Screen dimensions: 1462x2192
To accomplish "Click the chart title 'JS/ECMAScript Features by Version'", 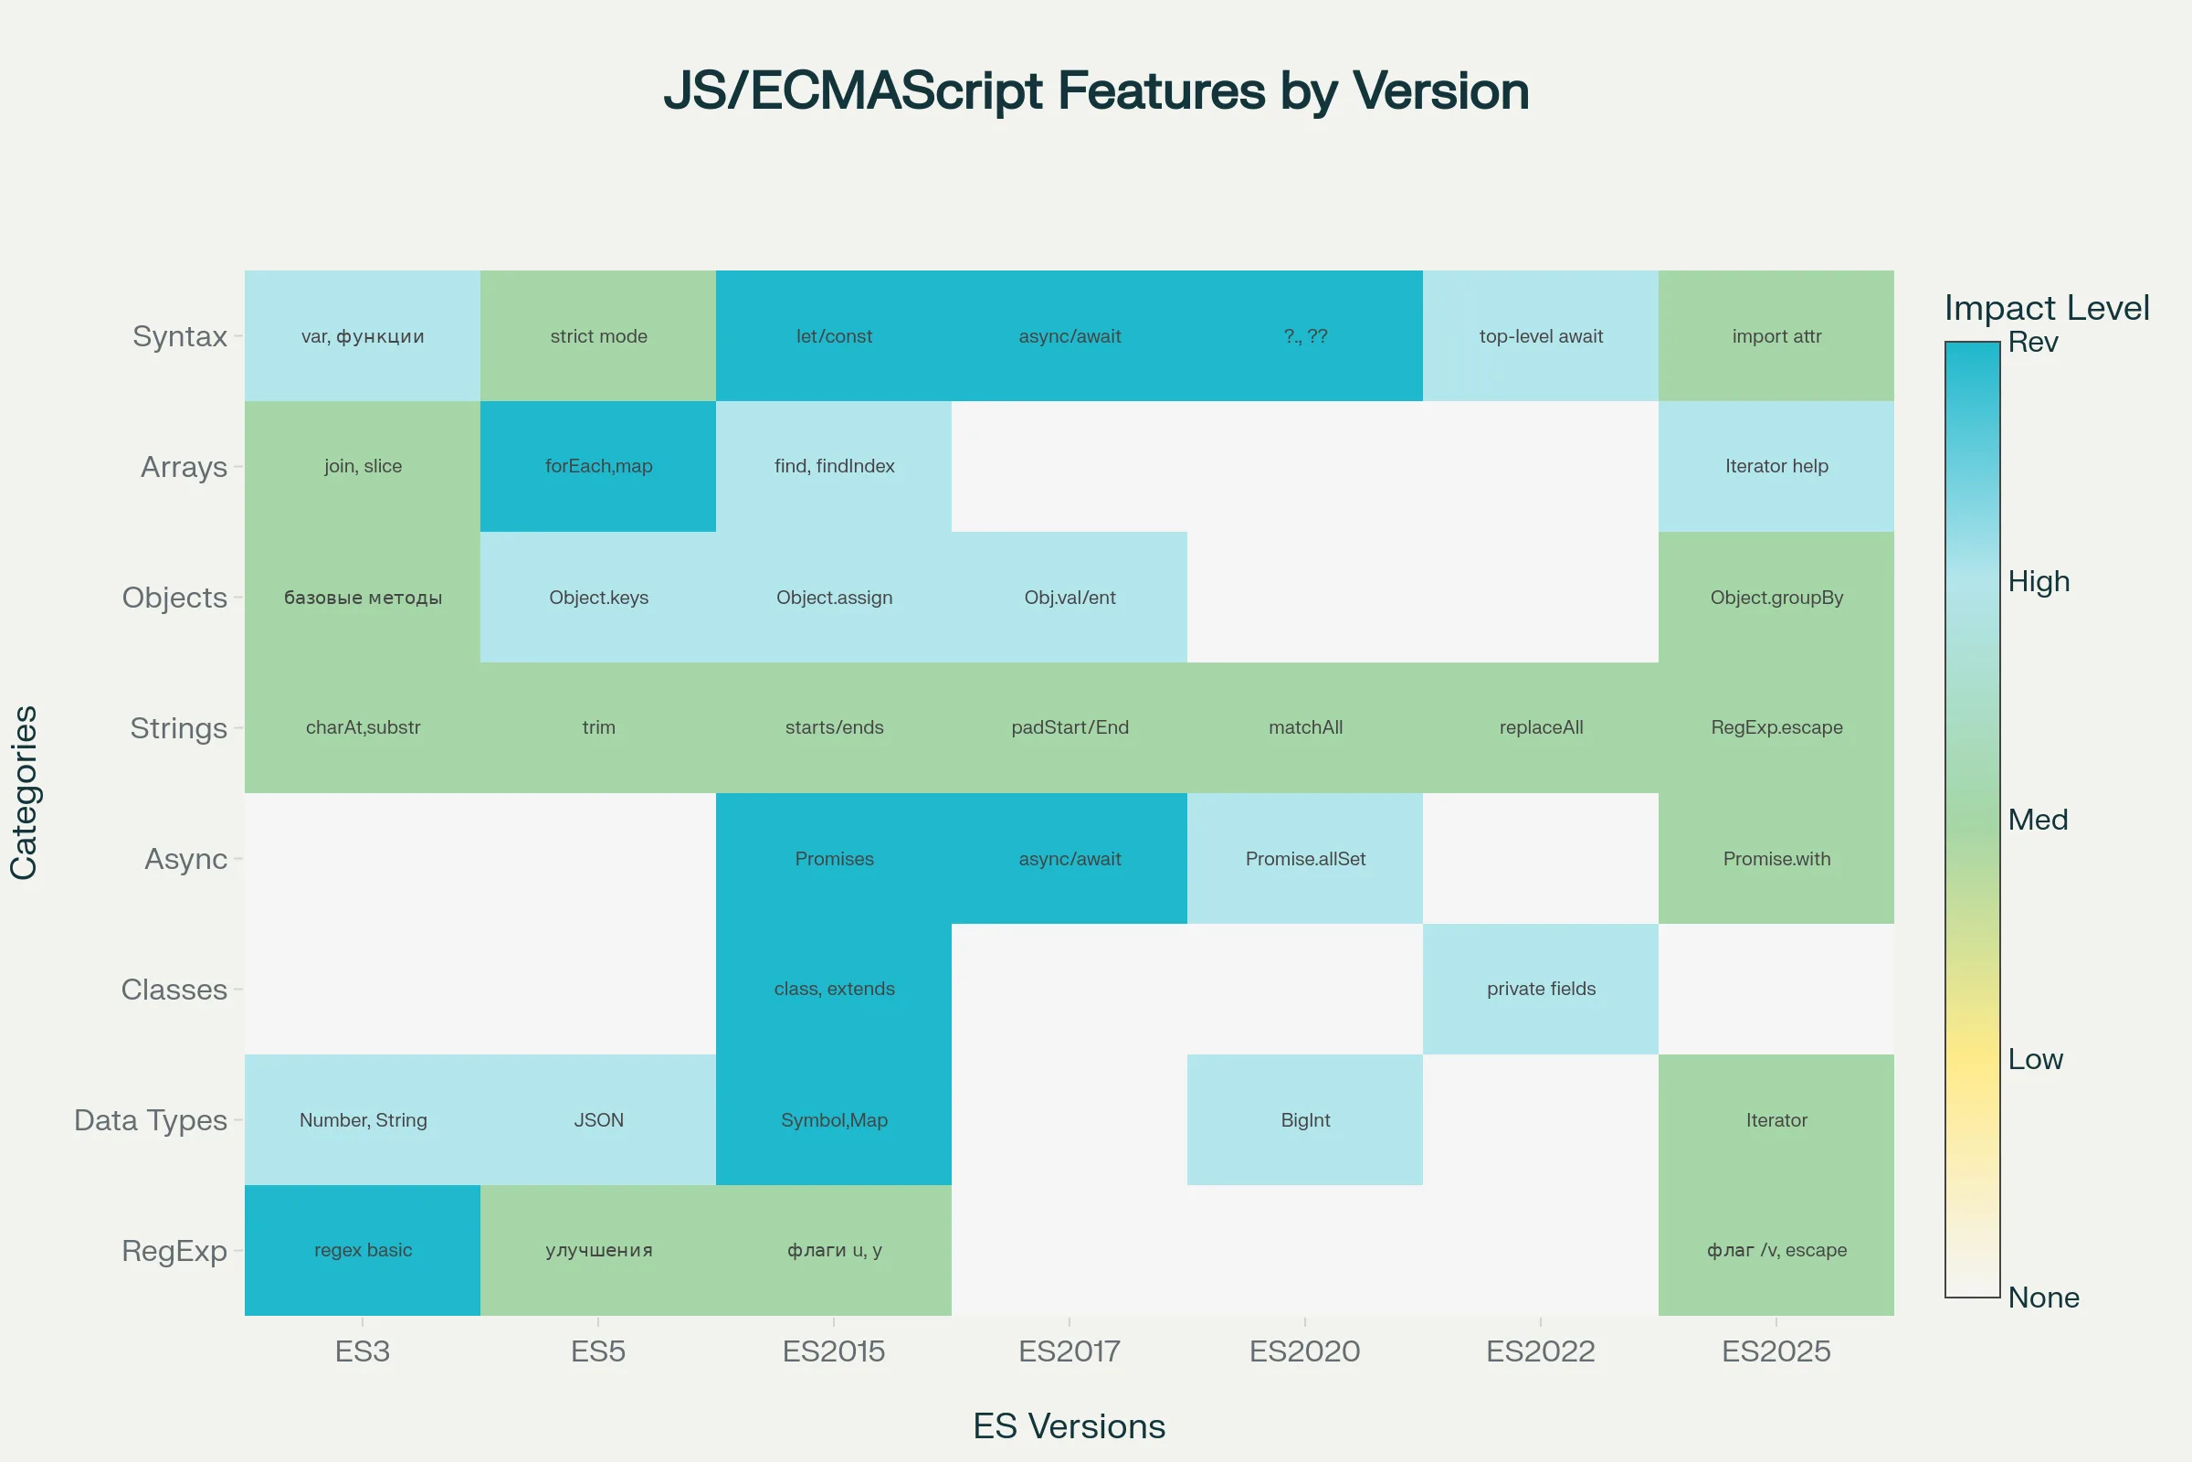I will click(1096, 91).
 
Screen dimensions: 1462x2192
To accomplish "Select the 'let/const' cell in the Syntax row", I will click(834, 335).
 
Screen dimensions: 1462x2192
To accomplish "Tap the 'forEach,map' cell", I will click(598, 466).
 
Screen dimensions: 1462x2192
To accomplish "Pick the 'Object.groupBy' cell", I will click(1776, 597).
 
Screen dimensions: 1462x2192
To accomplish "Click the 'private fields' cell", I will click(1541, 989).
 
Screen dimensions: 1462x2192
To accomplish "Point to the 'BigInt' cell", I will click(1305, 1120).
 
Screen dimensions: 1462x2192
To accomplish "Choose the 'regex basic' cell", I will click(363, 1250).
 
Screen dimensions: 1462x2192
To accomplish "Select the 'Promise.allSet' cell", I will click(1305, 859).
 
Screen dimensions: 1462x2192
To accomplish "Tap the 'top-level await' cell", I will click(1541, 335).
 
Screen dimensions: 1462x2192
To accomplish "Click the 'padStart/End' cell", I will click(1069, 727).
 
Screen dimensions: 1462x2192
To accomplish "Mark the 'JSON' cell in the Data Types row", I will click(598, 1120).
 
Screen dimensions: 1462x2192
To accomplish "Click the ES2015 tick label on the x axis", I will click(834, 1351).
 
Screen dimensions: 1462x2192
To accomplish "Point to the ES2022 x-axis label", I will click(1541, 1351).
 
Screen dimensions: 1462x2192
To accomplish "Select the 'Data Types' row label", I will click(150, 1120).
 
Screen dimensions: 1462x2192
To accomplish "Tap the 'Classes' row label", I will click(174, 990).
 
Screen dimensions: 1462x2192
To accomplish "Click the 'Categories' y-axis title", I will click(25, 792).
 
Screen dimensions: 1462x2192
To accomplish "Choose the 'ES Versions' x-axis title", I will click(1069, 1426).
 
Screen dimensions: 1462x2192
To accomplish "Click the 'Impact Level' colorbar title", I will click(2047, 308).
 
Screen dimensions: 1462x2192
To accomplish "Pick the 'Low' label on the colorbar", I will click(2036, 1059).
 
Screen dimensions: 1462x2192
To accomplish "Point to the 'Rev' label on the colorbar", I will click(2033, 342).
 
